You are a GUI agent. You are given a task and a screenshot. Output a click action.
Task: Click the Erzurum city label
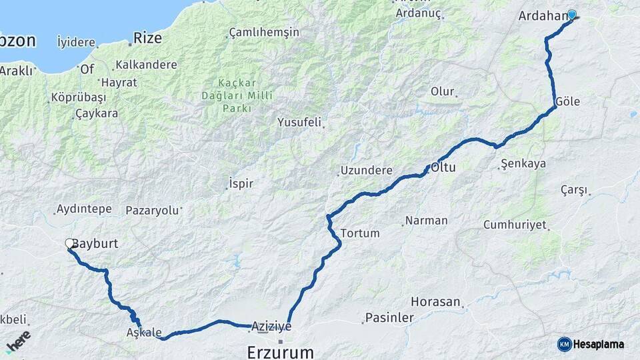point(280,351)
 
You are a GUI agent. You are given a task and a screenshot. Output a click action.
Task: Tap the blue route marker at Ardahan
point(571,15)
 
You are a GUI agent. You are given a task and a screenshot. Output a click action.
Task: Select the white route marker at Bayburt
point(69,244)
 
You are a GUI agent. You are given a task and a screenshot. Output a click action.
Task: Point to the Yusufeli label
point(299,123)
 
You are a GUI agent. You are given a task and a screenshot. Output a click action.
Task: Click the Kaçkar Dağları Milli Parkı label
point(237,96)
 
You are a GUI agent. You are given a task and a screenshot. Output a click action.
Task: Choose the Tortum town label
point(360,233)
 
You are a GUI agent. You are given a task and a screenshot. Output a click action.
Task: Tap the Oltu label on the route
point(443,167)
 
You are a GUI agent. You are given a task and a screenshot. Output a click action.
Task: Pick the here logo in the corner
point(17,340)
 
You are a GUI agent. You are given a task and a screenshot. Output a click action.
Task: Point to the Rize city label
point(147,38)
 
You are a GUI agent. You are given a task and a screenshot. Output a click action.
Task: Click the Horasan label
point(435,302)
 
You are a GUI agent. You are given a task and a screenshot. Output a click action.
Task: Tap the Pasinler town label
point(389,319)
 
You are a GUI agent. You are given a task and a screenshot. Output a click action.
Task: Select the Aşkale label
point(143,332)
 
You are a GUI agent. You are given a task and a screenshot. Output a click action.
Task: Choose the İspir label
point(241,183)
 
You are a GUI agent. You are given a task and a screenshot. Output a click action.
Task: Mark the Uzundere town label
point(366,171)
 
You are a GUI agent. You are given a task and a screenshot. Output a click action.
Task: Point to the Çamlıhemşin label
point(264,32)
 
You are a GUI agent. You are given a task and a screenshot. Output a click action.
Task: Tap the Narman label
point(426,221)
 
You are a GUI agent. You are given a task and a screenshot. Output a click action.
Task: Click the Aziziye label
point(271,326)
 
